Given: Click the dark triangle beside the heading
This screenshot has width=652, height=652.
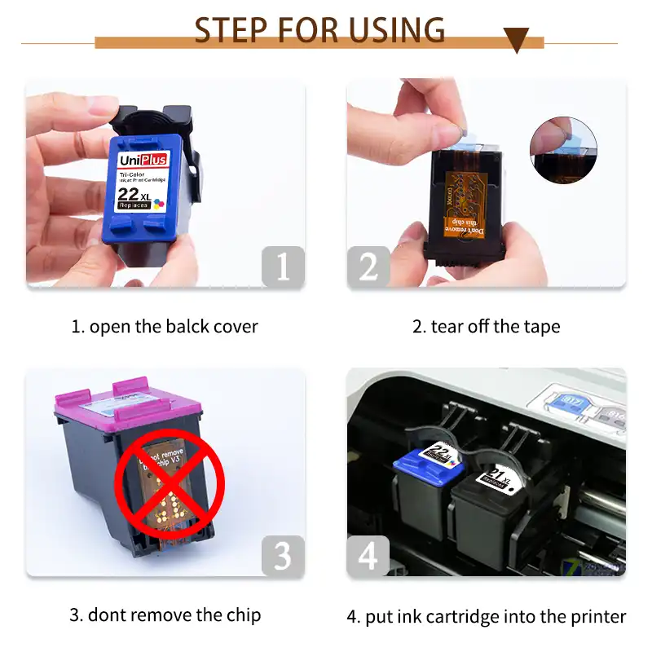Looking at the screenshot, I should pos(515,38).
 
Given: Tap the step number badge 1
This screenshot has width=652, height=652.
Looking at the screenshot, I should pos(283,267).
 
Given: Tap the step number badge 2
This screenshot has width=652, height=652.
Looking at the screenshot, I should pos(368,267).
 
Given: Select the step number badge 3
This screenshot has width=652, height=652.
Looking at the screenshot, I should pos(283,556).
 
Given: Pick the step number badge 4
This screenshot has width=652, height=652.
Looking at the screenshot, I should pos(368,556).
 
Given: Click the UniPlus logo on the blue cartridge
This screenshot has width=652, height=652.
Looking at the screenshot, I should pos(143,160).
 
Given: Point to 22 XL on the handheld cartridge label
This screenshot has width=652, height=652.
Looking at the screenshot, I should pos(134,194).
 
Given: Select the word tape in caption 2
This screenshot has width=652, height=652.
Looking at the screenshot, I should pos(542,327).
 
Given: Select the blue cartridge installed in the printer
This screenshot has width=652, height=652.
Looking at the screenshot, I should pos(424,497).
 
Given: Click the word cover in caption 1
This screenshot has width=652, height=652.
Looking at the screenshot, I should pos(236,327).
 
